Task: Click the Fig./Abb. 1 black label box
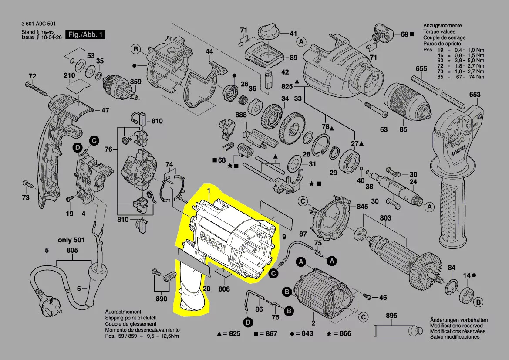tap(84, 34)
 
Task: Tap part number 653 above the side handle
tap(475, 95)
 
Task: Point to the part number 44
tap(209, 51)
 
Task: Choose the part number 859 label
tap(136, 82)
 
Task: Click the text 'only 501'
tap(71, 240)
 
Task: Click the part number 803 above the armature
tap(385, 218)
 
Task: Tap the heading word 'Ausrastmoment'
tap(123, 312)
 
